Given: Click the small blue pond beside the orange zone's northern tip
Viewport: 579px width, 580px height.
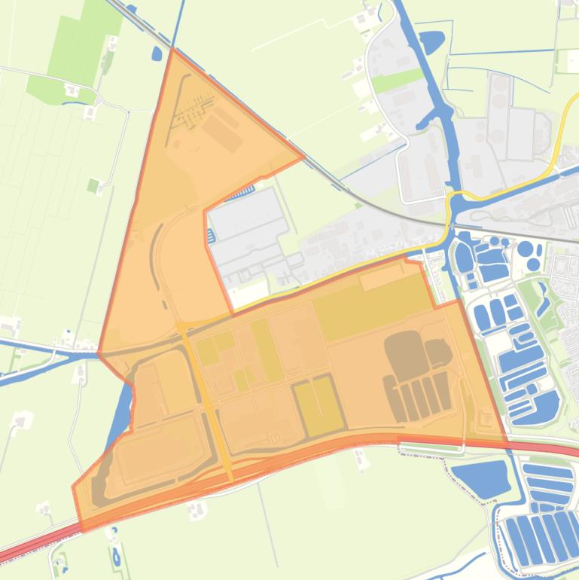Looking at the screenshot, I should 157,53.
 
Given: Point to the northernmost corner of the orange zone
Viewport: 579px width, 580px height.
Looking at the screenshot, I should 172,49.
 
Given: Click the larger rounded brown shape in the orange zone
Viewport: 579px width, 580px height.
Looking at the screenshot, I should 407,355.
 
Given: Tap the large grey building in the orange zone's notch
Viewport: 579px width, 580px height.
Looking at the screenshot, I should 246,234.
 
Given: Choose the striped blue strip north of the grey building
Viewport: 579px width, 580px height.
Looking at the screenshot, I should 242,194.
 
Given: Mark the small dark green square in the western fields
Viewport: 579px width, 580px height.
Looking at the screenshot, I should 93,185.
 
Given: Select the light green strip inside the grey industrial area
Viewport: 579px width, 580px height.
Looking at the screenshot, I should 397,80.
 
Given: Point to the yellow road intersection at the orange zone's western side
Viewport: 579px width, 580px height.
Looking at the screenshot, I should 183,326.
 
